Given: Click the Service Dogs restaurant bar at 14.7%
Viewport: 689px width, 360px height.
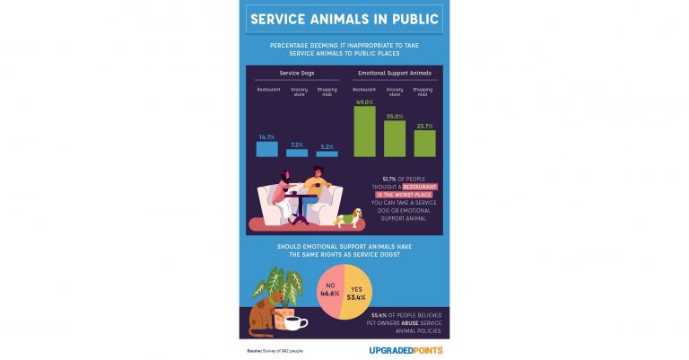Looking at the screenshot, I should click(267, 149).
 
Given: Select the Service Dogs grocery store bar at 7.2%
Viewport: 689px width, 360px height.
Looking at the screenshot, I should click(297, 154).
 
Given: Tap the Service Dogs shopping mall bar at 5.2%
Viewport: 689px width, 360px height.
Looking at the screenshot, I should click(327, 154).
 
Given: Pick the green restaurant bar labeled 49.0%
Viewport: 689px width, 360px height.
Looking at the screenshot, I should click(364, 132).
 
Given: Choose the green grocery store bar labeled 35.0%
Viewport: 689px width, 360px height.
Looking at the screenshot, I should click(395, 138).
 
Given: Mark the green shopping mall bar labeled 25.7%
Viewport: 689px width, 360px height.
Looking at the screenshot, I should click(424, 144).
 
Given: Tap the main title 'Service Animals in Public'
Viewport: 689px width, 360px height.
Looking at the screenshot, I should click(344, 19).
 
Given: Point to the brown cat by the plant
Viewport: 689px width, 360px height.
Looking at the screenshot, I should click(260, 316).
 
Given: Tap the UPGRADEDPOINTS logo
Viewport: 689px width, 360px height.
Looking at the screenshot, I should click(406, 349).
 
